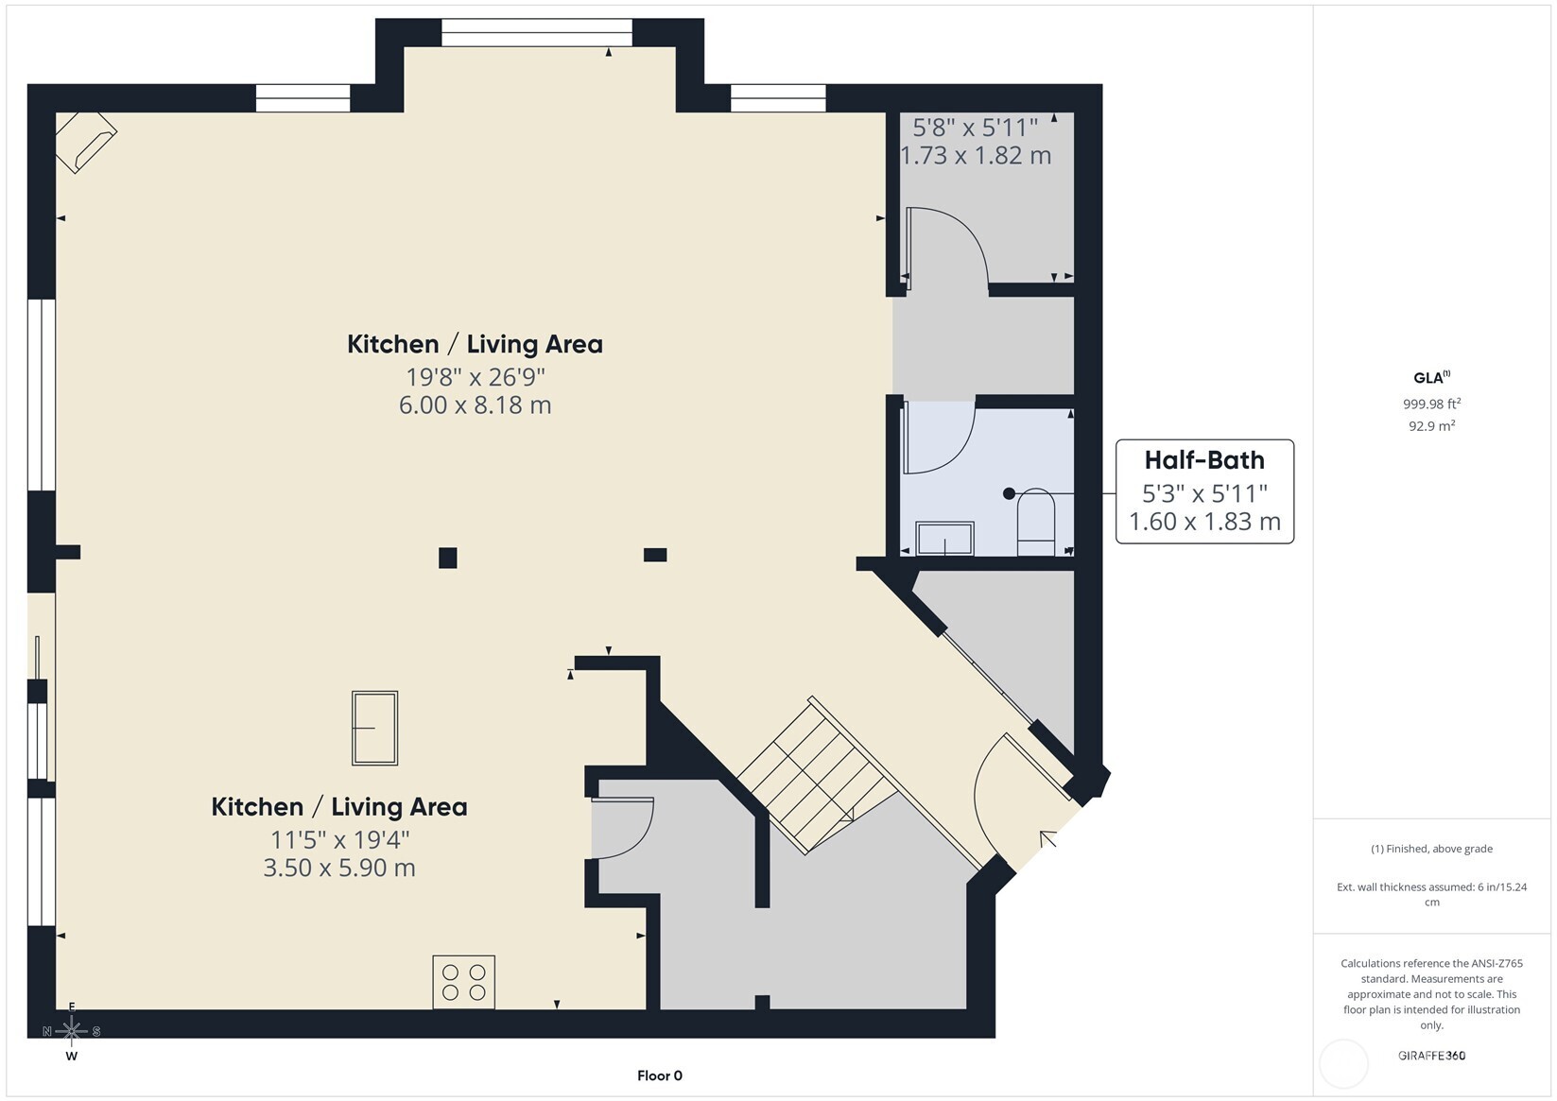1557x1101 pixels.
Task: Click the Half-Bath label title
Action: [1204, 460]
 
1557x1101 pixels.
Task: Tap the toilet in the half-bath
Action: [1036, 522]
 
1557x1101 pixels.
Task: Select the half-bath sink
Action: [944, 539]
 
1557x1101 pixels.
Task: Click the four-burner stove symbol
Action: [463, 982]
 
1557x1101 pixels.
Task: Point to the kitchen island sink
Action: [374, 728]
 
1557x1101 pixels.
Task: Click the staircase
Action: [818, 775]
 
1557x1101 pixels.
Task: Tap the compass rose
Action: [72, 1031]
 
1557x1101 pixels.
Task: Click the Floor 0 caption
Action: [660, 1075]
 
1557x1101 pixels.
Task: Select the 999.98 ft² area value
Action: [1431, 404]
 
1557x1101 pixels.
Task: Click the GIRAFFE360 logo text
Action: [1431, 1055]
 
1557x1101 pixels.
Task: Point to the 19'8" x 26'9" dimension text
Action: [476, 377]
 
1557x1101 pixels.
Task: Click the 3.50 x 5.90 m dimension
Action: [339, 868]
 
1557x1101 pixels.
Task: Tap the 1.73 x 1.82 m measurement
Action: [976, 155]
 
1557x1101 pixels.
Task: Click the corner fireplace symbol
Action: [86, 143]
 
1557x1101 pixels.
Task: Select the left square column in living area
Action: [448, 559]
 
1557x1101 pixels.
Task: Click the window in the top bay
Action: [537, 33]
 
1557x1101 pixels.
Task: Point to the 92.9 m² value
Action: [1431, 425]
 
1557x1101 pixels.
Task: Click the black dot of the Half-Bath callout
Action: [1009, 493]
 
